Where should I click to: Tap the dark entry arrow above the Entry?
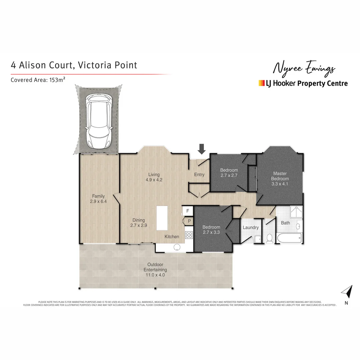point(201,149)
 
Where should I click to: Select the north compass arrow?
point(347,292)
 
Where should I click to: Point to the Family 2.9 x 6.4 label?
point(98,199)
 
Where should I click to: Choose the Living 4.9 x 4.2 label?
point(154,177)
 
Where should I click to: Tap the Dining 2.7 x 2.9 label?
point(138,223)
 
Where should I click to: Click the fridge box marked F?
point(188,211)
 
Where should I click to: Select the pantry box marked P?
point(189,221)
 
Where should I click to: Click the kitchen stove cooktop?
point(189,235)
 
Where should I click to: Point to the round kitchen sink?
point(176,247)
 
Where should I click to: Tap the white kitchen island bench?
point(162,218)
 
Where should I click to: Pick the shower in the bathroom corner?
point(296,211)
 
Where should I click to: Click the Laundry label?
point(251,228)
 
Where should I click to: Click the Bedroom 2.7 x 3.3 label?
point(211,230)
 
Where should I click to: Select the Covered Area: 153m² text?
point(37,80)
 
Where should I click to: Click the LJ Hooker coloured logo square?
point(261,83)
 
